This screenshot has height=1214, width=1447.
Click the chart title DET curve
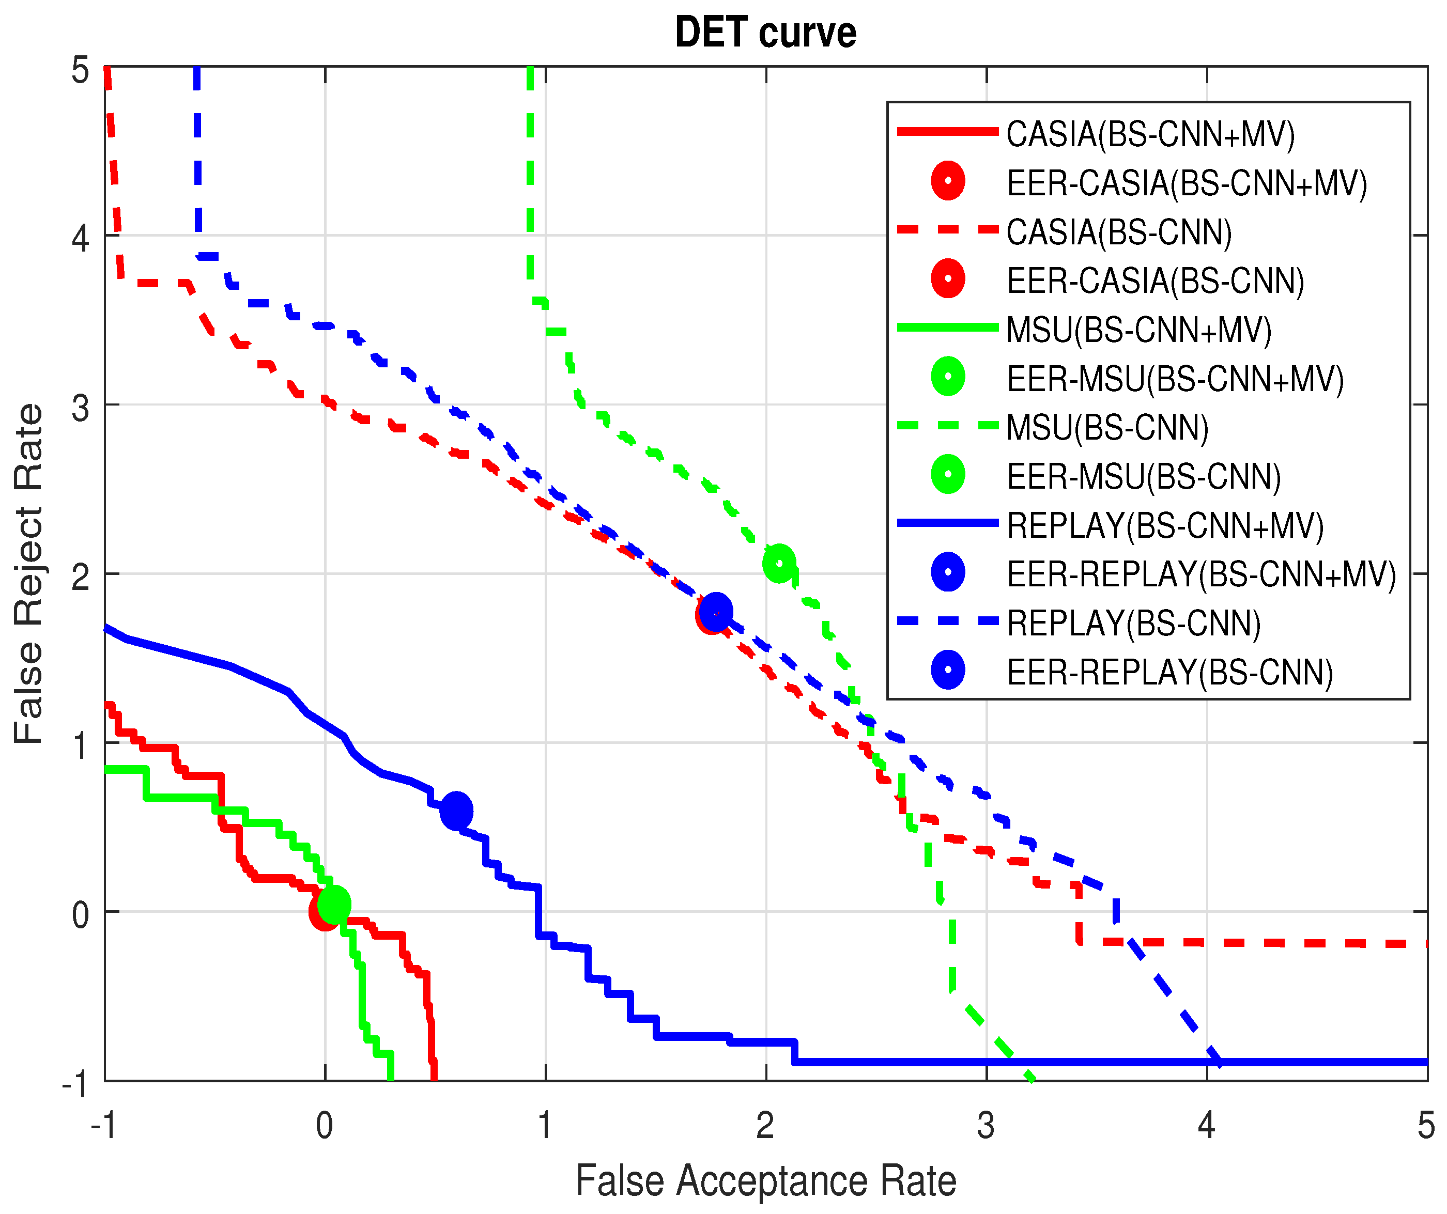click(765, 33)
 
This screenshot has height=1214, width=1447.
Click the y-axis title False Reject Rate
click(28, 574)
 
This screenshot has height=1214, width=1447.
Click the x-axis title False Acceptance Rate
click(765, 1181)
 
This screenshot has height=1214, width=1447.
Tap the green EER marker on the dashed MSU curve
click(779, 564)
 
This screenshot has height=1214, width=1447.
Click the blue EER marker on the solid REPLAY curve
click(456, 811)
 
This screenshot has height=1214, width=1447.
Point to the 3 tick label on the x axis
click(986, 1126)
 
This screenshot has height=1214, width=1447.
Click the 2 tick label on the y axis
click(81, 577)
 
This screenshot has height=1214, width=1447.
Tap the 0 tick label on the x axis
click(325, 1126)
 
